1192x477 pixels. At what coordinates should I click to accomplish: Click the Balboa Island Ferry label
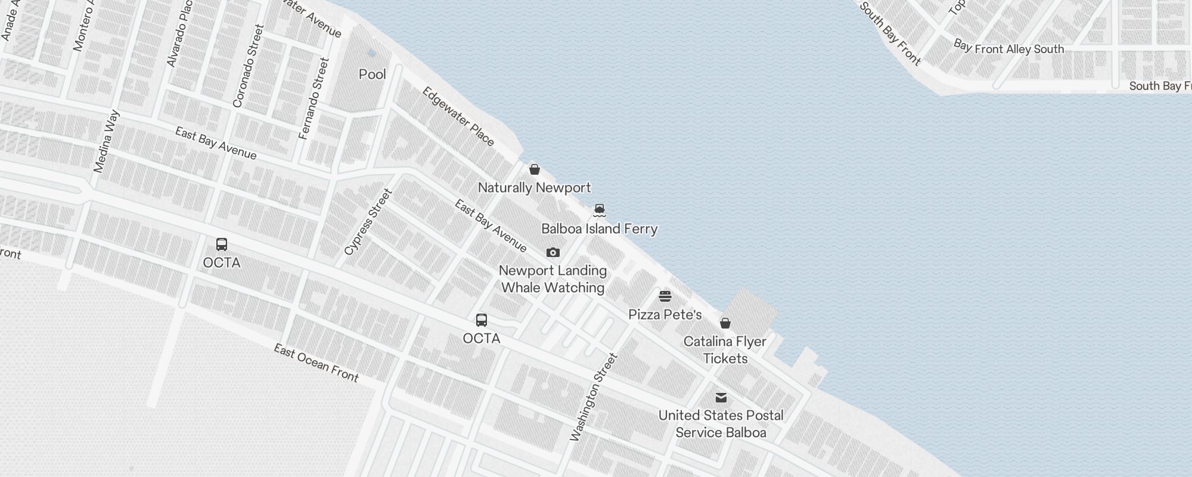(x=599, y=229)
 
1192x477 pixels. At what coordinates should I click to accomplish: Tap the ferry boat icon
(x=600, y=210)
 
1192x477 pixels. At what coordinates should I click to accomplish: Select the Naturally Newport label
(x=534, y=188)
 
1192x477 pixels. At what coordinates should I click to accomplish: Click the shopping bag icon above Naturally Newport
(x=535, y=169)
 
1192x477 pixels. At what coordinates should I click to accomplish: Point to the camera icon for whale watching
(x=553, y=253)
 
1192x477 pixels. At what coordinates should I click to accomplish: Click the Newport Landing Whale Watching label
(x=553, y=279)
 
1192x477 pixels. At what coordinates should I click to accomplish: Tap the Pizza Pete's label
(x=665, y=315)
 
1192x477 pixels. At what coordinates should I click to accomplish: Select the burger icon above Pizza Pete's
(x=665, y=296)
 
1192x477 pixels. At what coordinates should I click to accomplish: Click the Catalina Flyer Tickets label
(x=725, y=350)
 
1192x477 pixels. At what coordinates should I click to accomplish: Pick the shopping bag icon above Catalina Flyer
(x=725, y=323)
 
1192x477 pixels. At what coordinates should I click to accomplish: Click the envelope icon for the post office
(x=721, y=398)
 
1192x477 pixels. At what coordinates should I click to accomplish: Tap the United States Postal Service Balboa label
(x=721, y=424)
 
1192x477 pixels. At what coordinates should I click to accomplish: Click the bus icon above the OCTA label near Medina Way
(x=222, y=244)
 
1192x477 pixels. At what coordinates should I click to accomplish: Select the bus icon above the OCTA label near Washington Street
(x=482, y=320)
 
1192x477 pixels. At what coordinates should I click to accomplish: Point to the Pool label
(x=372, y=75)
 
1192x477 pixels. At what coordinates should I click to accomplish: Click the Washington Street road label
(x=594, y=397)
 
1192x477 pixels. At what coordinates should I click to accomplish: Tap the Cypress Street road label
(x=368, y=222)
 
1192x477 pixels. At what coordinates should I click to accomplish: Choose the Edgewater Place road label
(x=458, y=116)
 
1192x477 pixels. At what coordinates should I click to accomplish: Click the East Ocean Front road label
(x=316, y=363)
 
